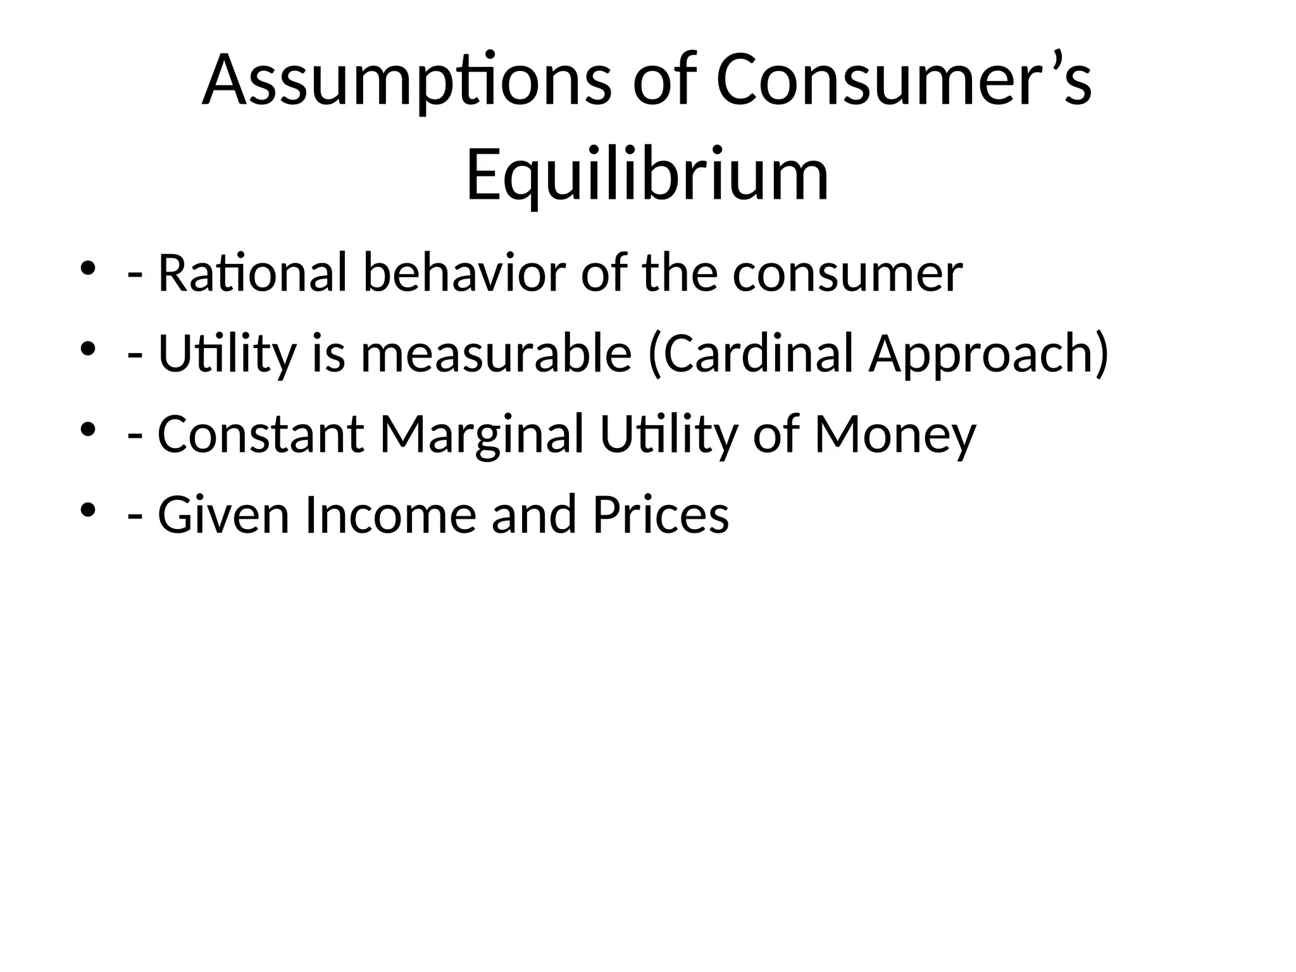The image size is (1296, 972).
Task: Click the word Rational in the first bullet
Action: (x=252, y=273)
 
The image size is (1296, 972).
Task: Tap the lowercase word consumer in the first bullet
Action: (x=847, y=275)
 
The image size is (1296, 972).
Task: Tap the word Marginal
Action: (x=482, y=435)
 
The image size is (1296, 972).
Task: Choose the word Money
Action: (x=895, y=435)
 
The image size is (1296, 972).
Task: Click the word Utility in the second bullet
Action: (x=227, y=354)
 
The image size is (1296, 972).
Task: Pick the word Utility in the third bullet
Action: (x=669, y=435)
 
